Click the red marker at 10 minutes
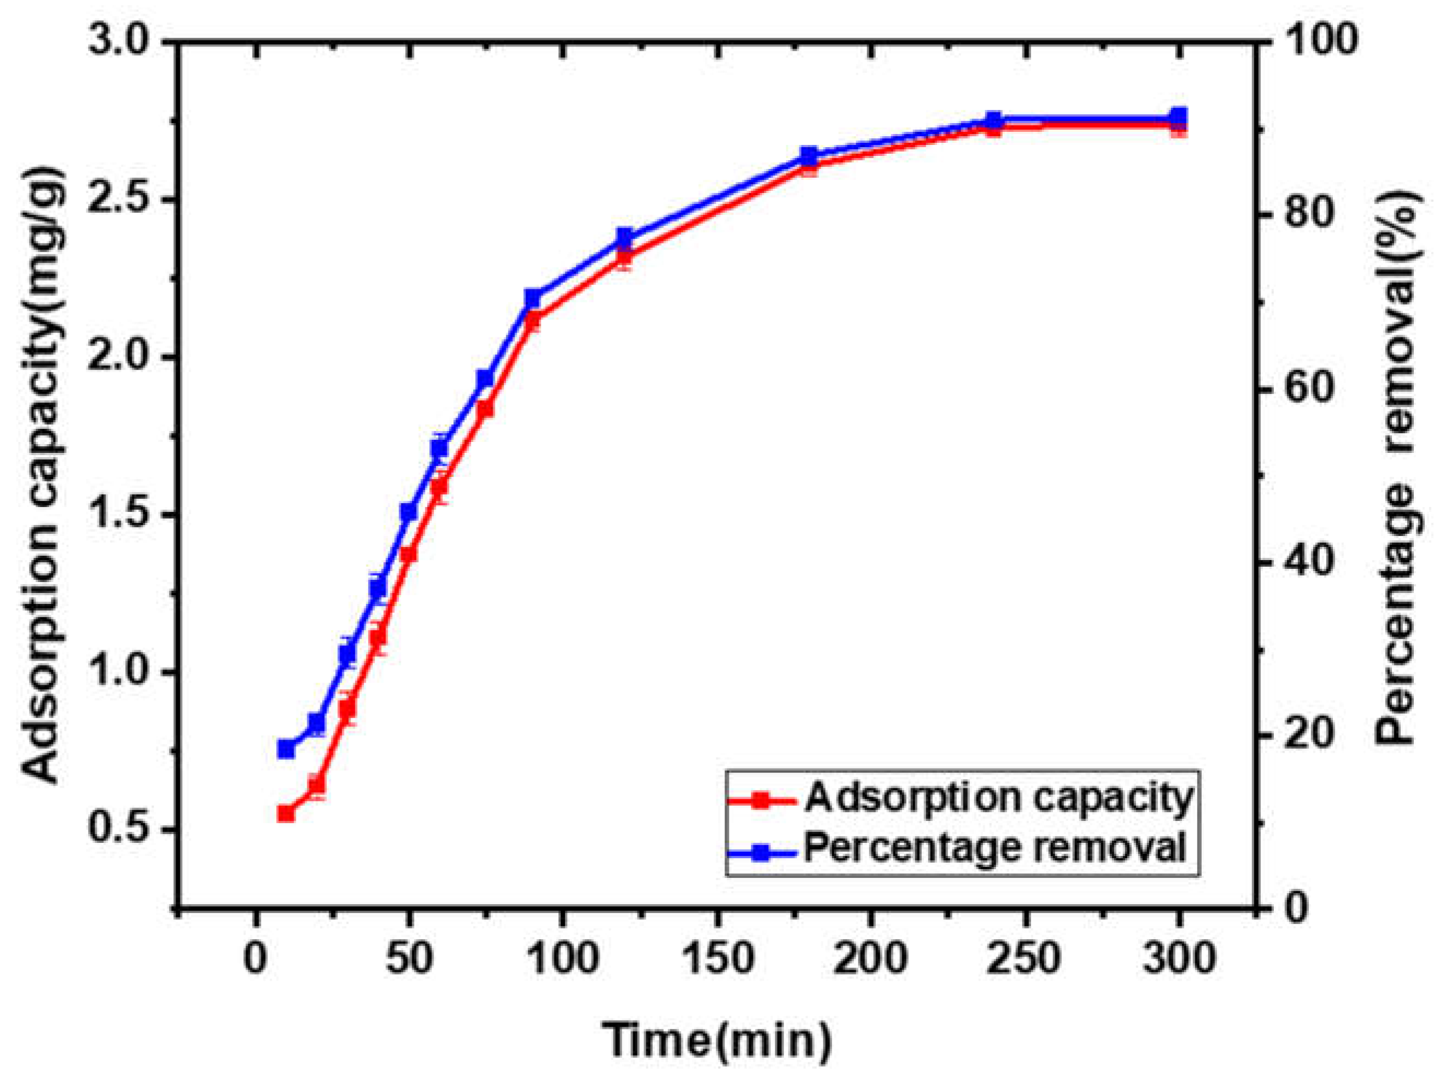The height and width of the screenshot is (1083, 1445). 286,814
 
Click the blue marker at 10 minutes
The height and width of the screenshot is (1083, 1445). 286,749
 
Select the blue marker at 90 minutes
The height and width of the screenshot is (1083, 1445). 533,299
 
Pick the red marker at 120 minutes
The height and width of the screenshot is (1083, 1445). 624,255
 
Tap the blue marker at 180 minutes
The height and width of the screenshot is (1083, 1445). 809,155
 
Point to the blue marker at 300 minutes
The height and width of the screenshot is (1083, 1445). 1179,117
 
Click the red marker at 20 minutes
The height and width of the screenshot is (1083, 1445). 317,785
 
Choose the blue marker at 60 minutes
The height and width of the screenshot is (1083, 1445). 440,449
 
